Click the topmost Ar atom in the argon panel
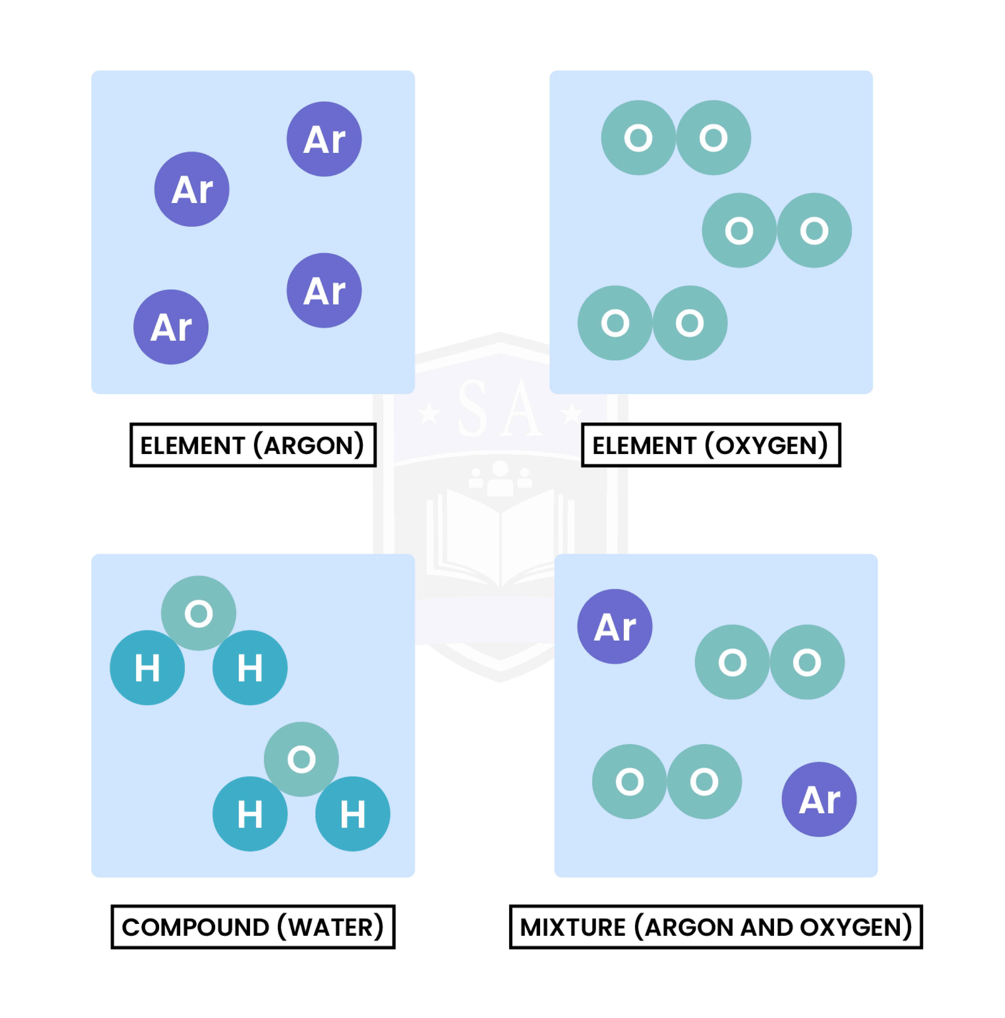pos(324,139)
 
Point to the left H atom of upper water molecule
pos(147,668)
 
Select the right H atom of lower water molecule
pos(353,814)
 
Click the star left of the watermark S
pos(429,414)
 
